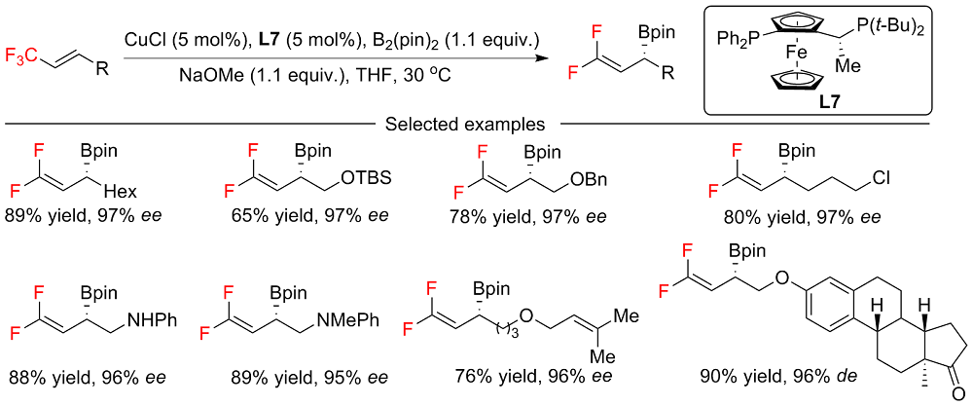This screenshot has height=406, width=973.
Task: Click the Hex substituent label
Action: (126, 193)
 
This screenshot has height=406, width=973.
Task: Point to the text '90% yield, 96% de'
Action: (766, 374)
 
